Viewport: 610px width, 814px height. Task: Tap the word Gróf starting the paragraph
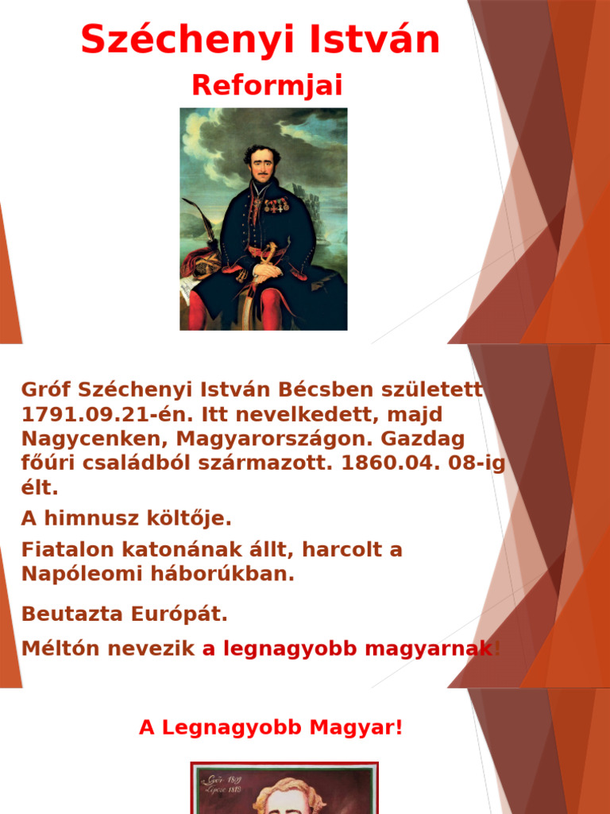pyautogui.click(x=44, y=390)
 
